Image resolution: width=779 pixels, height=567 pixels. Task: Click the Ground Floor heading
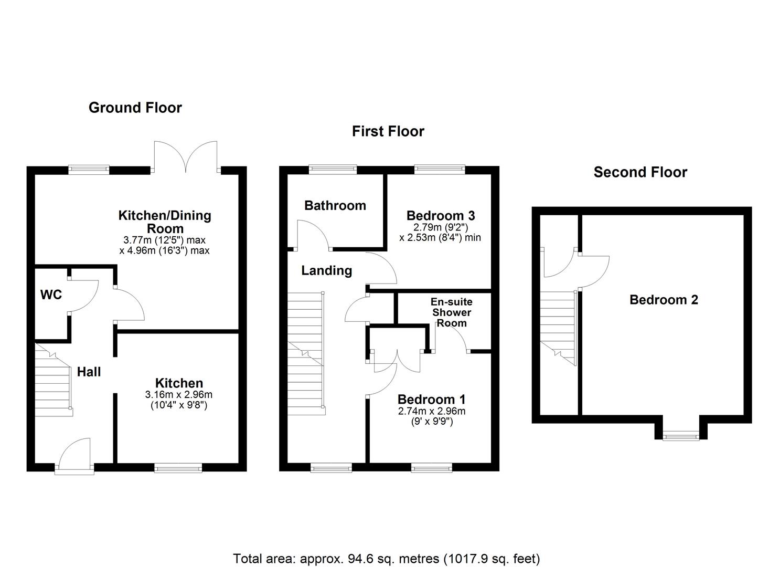click(x=135, y=108)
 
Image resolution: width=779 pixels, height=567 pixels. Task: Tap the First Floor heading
click(x=388, y=131)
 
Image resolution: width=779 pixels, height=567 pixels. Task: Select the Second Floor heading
click(x=640, y=172)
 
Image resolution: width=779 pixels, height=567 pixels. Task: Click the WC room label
click(x=51, y=295)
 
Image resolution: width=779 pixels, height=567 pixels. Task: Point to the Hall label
click(x=89, y=372)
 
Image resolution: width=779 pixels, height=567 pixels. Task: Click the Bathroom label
click(x=335, y=205)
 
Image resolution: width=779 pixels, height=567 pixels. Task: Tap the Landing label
click(x=326, y=270)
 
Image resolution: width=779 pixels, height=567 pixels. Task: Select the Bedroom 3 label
click(x=440, y=215)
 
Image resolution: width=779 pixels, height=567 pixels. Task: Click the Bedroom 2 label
click(x=664, y=300)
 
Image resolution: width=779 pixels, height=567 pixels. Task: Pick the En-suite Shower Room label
click(x=451, y=312)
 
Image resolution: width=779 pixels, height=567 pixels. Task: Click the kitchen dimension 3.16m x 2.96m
click(x=178, y=395)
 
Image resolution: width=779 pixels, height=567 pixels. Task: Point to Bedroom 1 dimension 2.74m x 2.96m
click(x=431, y=412)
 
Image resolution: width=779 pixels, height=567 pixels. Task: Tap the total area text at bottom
click(x=386, y=558)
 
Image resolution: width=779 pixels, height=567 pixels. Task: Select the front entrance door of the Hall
click(x=74, y=455)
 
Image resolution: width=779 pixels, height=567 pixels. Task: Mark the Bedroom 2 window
click(x=680, y=435)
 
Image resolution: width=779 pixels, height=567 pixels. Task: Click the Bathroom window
click(x=333, y=169)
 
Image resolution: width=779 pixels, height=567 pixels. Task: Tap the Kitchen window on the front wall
click(x=178, y=467)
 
